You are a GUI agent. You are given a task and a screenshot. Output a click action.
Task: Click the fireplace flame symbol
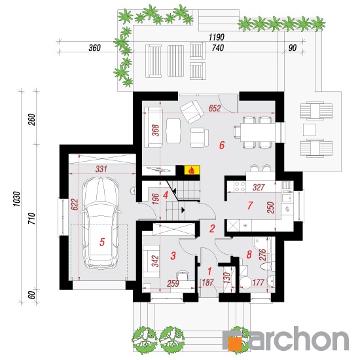point(191,171)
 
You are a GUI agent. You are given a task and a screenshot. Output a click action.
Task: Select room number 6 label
point(221,145)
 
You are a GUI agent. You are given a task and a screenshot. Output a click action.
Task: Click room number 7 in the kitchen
point(250,206)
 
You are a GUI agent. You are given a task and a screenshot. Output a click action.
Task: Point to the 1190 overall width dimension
point(217,37)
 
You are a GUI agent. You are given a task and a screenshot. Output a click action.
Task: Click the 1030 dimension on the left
point(17,199)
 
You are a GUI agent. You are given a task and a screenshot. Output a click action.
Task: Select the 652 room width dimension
point(215,109)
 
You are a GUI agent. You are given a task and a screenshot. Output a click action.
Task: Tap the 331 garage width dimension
point(101,170)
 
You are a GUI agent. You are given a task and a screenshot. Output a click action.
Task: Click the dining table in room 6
point(258,133)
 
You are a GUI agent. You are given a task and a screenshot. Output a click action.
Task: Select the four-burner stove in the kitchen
point(240,187)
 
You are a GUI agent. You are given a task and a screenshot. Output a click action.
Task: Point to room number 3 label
point(173,256)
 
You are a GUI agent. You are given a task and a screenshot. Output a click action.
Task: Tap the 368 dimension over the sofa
point(155,130)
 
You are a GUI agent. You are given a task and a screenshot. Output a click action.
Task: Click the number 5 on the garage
point(102,242)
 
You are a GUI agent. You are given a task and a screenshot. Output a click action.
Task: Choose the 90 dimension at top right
point(293,48)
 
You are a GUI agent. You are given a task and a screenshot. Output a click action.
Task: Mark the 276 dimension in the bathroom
point(262,255)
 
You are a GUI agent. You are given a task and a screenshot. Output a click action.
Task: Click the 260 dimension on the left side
point(32,119)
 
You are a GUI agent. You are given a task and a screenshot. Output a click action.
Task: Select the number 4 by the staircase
point(166,196)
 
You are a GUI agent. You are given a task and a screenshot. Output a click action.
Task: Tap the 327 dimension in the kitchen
point(259,187)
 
